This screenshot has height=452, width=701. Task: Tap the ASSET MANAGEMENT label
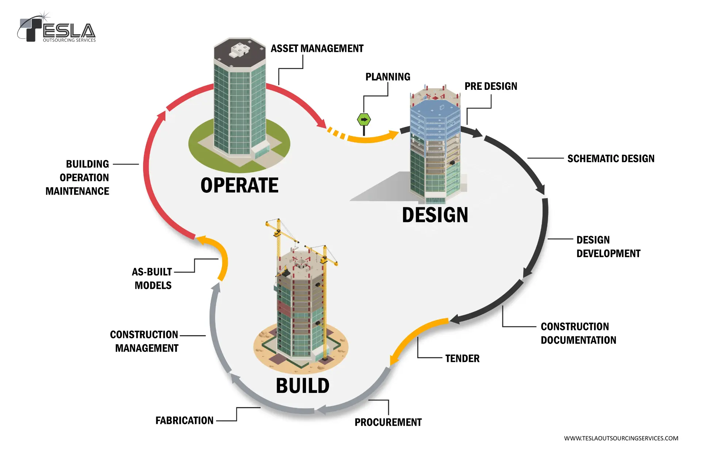pyautogui.click(x=317, y=49)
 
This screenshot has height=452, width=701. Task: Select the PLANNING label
pyautogui.click(x=388, y=77)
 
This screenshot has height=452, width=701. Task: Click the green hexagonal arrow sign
pyautogui.click(x=364, y=120)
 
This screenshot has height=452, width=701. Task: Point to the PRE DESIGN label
pyautogui.click(x=491, y=87)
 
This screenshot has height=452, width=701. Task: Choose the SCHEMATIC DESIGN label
pyautogui.click(x=610, y=159)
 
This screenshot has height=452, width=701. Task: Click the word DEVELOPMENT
pyautogui.click(x=608, y=254)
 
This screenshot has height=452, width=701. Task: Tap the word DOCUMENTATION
pyautogui.click(x=578, y=340)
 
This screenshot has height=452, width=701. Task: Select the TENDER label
pyautogui.click(x=462, y=359)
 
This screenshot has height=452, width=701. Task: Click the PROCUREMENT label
pyautogui.click(x=388, y=422)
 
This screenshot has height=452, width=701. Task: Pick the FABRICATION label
pyautogui.click(x=184, y=421)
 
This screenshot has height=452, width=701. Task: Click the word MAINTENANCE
pyautogui.click(x=77, y=191)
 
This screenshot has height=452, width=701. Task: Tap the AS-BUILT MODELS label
pyautogui.click(x=152, y=279)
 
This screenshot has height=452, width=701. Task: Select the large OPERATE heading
pyautogui.click(x=239, y=185)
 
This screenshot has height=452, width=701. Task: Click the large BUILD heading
pyautogui.click(x=303, y=386)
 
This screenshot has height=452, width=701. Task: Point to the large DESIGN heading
pyautogui.click(x=435, y=215)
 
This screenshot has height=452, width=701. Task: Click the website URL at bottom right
pyautogui.click(x=621, y=438)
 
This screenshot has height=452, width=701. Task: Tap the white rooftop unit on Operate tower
pyautogui.click(x=239, y=50)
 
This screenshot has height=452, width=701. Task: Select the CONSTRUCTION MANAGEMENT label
pyautogui.click(x=145, y=341)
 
